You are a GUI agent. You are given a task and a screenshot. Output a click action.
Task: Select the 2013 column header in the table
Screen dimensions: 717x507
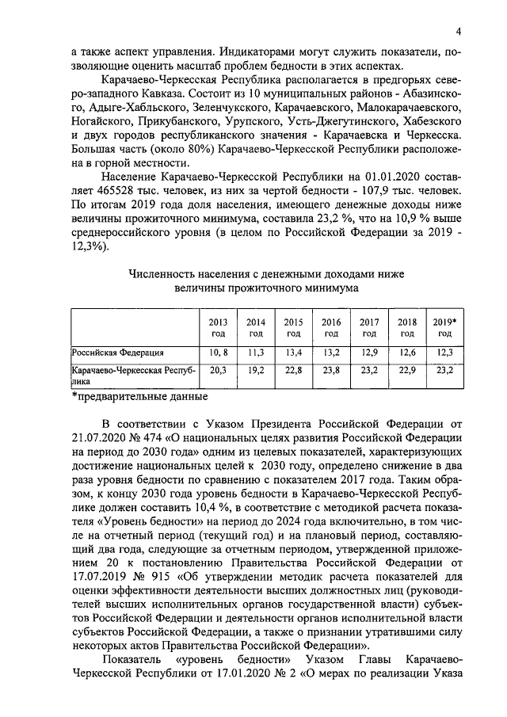click(x=218, y=328)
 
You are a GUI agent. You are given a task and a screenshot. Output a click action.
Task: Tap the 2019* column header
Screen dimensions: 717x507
click(x=444, y=328)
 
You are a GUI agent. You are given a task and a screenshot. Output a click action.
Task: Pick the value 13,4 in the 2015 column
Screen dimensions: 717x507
click(x=294, y=352)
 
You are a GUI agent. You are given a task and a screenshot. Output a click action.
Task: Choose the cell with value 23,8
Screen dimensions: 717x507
click(x=331, y=370)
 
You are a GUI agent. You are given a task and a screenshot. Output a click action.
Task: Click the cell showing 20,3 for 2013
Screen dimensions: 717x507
click(x=218, y=370)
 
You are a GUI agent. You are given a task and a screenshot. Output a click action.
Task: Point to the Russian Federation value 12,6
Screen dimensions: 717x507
click(x=406, y=352)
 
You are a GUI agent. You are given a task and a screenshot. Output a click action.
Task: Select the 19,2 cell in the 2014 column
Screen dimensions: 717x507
click(x=256, y=370)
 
